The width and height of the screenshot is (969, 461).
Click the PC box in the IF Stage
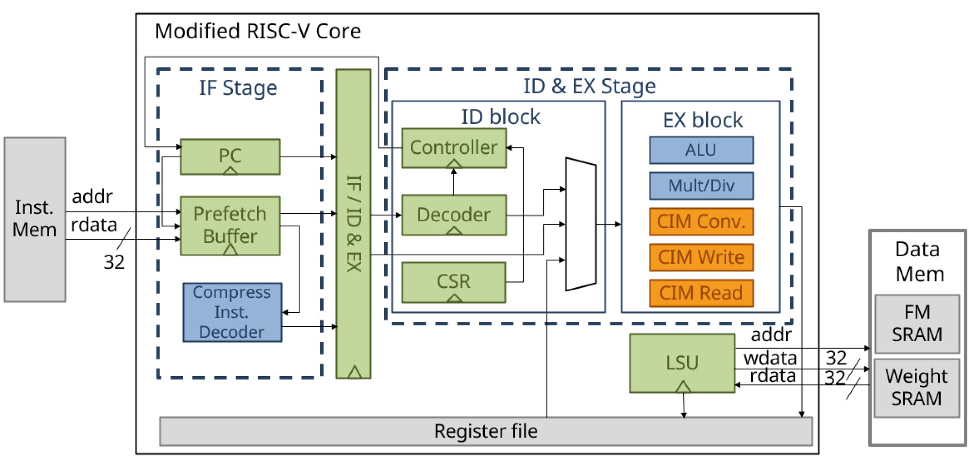pos(230,156)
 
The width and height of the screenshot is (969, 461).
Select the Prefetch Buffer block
pos(230,225)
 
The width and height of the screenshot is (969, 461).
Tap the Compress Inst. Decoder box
pos(232,312)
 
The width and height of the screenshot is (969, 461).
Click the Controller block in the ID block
pos(454,148)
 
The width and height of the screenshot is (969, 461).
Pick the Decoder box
pos(454,215)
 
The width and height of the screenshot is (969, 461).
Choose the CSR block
pos(454,281)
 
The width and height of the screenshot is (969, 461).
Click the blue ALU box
pos(701,150)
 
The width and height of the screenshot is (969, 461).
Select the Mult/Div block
pos(701,186)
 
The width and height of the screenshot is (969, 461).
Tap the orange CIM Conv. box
pos(701,221)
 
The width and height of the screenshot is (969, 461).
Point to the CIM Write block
pos(701,257)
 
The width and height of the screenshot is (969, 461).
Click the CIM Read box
pos(701,293)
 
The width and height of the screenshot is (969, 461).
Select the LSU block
pos(682,362)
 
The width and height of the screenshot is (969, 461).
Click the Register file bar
pos(485,431)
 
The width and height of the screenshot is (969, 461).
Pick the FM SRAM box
pos(917,323)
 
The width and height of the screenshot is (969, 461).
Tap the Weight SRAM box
pos(917,388)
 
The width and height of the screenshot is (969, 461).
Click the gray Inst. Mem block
pos(35,219)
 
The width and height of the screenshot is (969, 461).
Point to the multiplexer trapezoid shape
pos(581,224)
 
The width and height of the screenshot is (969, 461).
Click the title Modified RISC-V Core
pos(258,31)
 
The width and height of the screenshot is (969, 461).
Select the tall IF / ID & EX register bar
pos(353,223)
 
